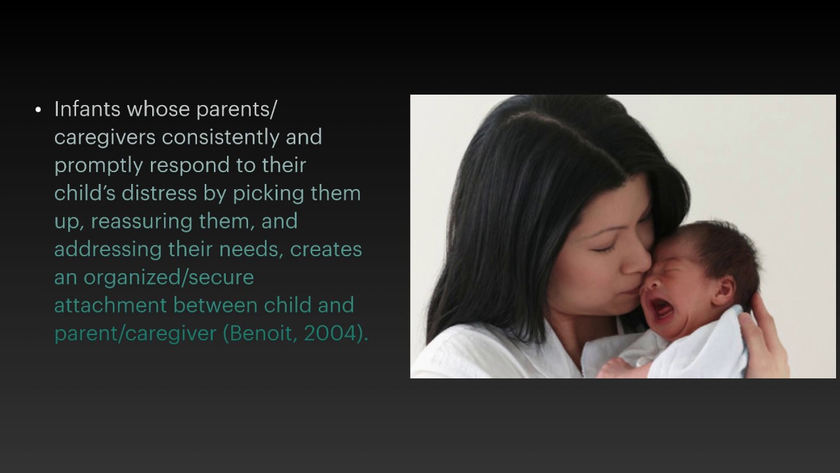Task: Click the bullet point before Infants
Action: [39, 110]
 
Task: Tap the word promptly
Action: [99, 166]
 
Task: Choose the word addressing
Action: [104, 250]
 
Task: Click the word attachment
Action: [111, 305]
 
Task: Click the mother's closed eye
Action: [605, 248]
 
